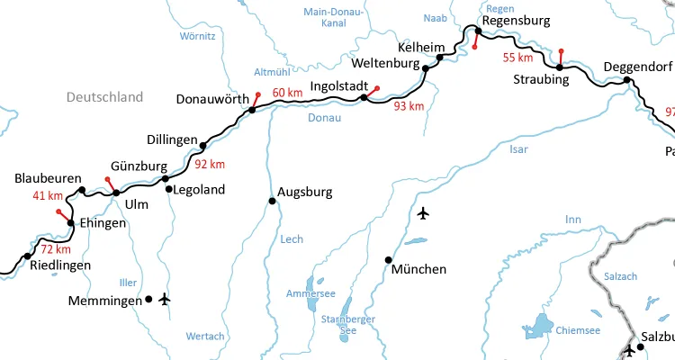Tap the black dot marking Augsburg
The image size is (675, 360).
tap(272, 201)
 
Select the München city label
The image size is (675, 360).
tap(419, 269)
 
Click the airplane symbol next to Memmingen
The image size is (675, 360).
tap(164, 299)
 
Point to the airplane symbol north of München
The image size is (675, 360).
tap(424, 213)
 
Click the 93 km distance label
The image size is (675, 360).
tap(409, 106)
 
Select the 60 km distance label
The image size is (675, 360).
tap(287, 93)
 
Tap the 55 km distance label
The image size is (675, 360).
tap(517, 58)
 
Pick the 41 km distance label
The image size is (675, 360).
tap(48, 196)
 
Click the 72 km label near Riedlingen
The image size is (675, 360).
tap(55, 248)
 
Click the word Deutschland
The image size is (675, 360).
tap(104, 97)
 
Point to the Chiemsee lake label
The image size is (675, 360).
tap(579, 330)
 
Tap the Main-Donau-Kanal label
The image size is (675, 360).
tap(333, 18)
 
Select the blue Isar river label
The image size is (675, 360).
tap(518, 149)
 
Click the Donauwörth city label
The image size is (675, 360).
tap(211, 100)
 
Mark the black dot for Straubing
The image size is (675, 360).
tap(559, 67)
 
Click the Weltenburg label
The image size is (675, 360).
tap(385, 65)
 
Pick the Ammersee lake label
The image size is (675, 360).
tap(310, 294)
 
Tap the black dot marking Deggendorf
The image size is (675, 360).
tap(627, 81)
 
